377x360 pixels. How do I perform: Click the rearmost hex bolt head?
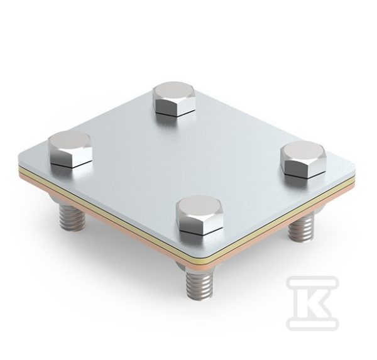pos(174,99)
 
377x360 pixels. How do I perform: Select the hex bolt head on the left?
pos(70,149)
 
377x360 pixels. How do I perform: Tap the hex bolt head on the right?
pos(305,160)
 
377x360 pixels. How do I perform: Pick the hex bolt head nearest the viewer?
pos(200,216)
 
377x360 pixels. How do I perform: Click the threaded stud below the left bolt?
pos(71,215)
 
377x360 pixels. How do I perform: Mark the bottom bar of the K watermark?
pos(313,323)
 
